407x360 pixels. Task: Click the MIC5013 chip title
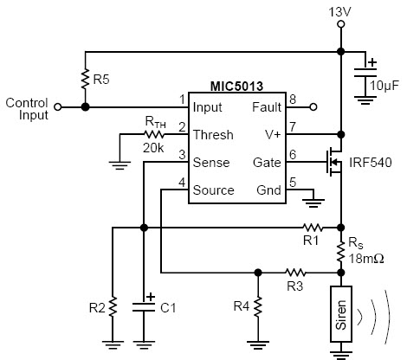(236, 87)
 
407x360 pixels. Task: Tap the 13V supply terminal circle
(341, 24)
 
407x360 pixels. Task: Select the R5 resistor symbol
(85, 79)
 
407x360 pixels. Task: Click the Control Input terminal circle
(58, 107)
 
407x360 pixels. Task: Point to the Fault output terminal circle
(313, 107)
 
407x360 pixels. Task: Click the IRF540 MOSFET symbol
(333, 162)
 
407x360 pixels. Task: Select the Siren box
(341, 314)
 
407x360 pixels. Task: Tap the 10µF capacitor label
(384, 86)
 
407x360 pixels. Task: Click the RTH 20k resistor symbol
(153, 134)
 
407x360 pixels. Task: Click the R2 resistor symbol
(113, 306)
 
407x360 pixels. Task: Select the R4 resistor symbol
(258, 306)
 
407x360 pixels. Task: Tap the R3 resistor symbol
(295, 273)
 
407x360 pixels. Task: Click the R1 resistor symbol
(313, 228)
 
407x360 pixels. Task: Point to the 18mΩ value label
(366, 259)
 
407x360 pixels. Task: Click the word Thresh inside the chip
(213, 135)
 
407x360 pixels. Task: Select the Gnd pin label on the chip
(268, 190)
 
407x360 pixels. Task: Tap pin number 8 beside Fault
(293, 100)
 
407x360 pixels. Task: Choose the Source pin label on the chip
(213, 190)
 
